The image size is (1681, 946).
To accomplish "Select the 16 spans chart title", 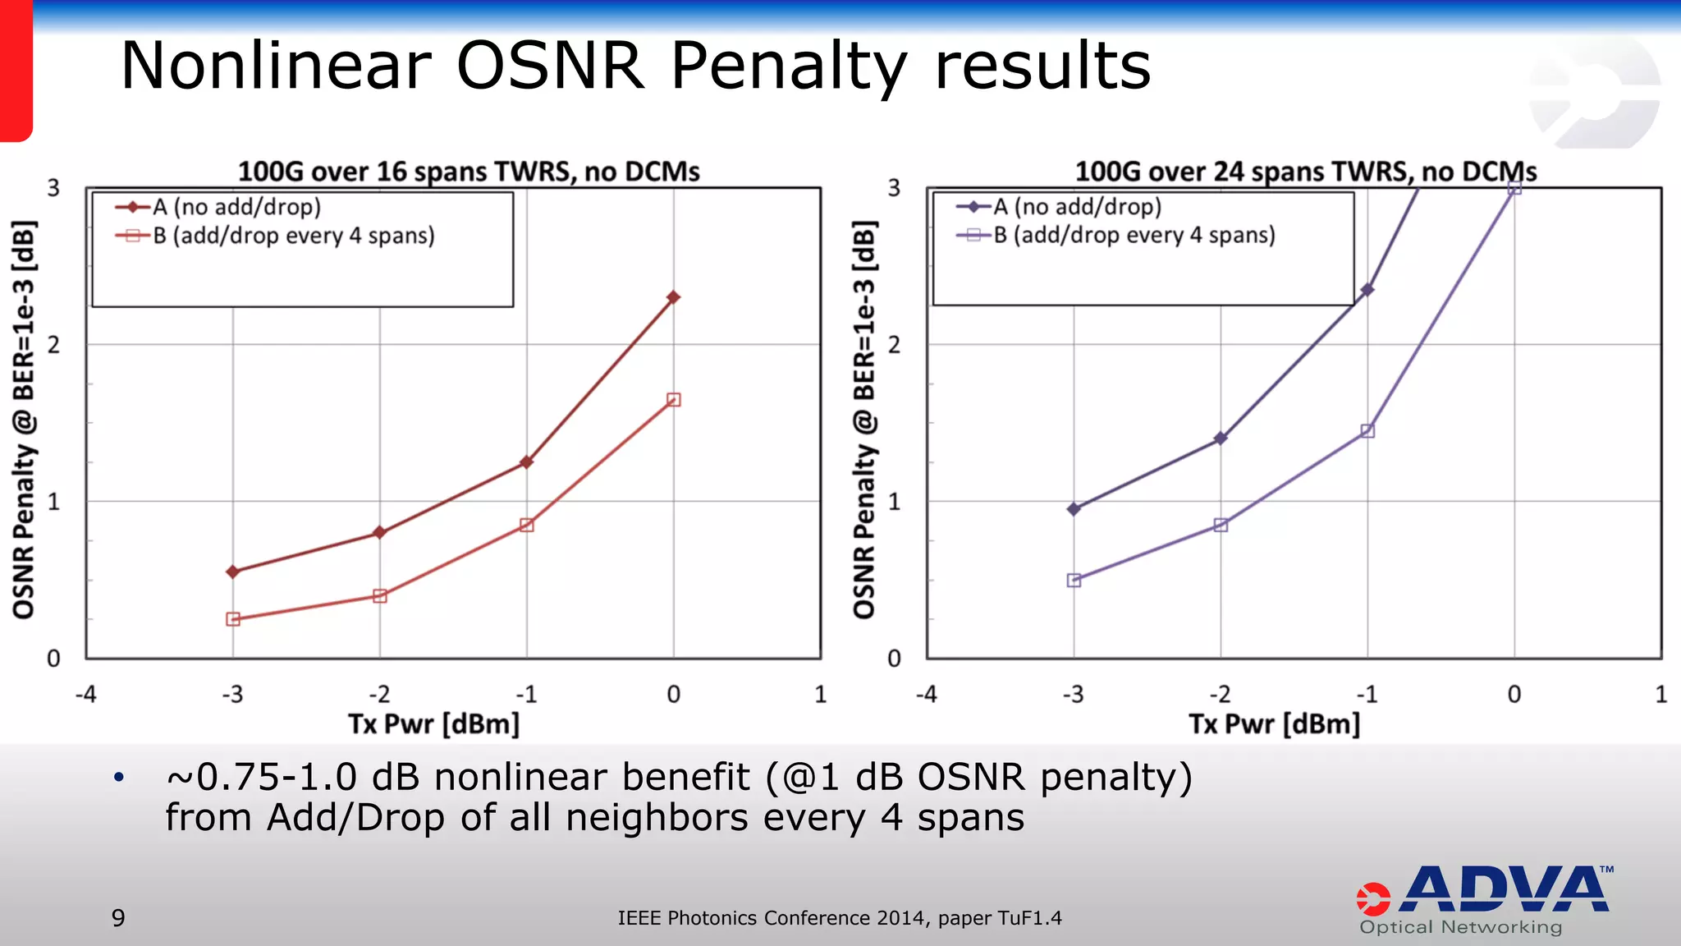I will pyautogui.click(x=469, y=172).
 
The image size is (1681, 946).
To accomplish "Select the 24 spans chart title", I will pyautogui.click(x=1305, y=172).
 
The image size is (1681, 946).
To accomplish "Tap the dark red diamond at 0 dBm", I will pyautogui.click(x=673, y=297).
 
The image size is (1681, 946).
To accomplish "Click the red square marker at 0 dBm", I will pyautogui.click(x=673, y=400).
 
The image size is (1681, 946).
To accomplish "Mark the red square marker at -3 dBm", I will pyautogui.click(x=233, y=619).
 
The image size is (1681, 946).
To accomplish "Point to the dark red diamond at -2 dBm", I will pyautogui.click(x=379, y=533).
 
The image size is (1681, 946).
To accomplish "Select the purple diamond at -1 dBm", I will pyautogui.click(x=1367, y=290).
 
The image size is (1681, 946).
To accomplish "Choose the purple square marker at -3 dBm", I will pyautogui.click(x=1074, y=581).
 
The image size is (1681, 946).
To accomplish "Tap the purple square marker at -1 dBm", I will pyautogui.click(x=1367, y=431).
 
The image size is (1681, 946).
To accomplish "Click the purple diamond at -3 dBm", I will pyautogui.click(x=1074, y=509).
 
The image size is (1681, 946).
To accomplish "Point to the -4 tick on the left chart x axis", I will pyautogui.click(x=85, y=695).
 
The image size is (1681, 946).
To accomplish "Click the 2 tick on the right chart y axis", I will pyautogui.click(x=894, y=345).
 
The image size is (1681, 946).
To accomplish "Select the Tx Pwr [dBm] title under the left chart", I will pyautogui.click(x=433, y=724).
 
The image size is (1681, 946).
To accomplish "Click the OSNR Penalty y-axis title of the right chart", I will pyautogui.click(x=863, y=419).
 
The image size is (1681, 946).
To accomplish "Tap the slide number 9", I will pyautogui.click(x=118, y=917).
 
